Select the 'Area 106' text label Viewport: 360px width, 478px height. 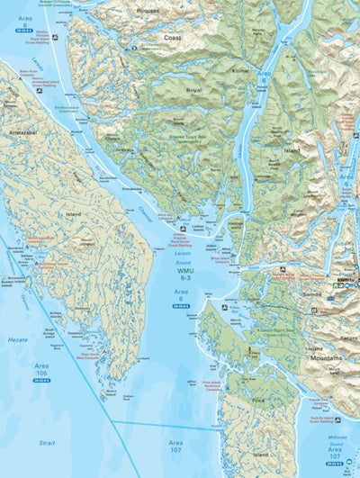tap(42, 371)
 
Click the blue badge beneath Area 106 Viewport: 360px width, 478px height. tap(42, 384)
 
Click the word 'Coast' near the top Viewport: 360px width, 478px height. tap(172, 38)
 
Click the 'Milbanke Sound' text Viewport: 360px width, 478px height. tap(338, 447)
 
